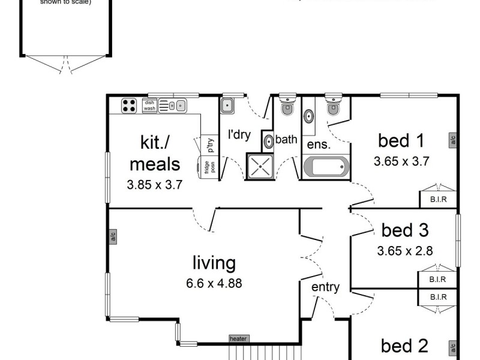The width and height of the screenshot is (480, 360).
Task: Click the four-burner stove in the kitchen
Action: click(x=129, y=106)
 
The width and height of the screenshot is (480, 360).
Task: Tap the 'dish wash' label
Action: click(x=149, y=106)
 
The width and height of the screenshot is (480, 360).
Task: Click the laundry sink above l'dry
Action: click(x=228, y=106)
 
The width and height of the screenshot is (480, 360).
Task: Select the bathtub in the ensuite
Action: click(x=325, y=166)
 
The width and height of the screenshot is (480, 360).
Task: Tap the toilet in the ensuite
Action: click(x=332, y=106)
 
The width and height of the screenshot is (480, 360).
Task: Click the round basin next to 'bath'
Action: click(x=269, y=141)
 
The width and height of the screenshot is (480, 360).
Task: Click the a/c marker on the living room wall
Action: click(x=112, y=236)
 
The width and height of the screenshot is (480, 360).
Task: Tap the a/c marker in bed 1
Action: click(x=452, y=140)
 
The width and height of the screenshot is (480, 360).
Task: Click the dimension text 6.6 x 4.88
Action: click(x=214, y=283)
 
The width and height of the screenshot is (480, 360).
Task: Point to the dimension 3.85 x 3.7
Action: click(x=155, y=185)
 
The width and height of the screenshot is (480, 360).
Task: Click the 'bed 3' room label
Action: click(x=405, y=230)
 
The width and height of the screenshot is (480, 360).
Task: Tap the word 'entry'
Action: click(x=325, y=287)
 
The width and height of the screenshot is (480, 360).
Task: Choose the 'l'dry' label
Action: click(x=238, y=134)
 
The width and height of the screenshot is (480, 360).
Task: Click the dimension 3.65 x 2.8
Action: click(x=405, y=250)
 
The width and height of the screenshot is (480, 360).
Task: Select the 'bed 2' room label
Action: click(x=405, y=346)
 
